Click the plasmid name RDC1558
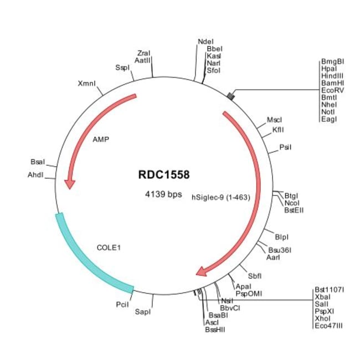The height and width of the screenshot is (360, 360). (164, 175)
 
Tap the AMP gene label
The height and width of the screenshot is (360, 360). (101, 139)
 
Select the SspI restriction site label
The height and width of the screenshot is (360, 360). (122, 68)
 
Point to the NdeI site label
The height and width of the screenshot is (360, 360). (204, 41)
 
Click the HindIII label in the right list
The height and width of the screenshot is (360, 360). (332, 75)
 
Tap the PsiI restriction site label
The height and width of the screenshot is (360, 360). (286, 147)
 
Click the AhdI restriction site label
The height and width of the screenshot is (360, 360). (36, 175)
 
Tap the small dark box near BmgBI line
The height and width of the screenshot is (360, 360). (230, 97)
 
